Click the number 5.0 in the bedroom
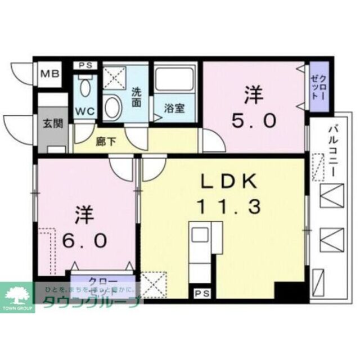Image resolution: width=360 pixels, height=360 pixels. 255,120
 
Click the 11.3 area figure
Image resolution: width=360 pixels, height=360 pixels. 228,207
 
